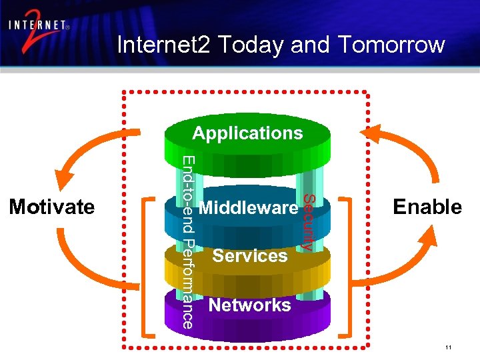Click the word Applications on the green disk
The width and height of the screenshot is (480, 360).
[x=247, y=133]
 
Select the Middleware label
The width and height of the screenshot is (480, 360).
[x=248, y=208]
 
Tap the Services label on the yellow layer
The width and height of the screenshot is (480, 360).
[x=250, y=256]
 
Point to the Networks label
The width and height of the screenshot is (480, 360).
[x=250, y=305]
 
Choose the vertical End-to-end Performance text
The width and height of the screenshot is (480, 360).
[x=189, y=242]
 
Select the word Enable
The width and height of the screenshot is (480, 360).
[x=427, y=207]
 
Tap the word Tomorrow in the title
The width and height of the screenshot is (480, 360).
[x=390, y=45]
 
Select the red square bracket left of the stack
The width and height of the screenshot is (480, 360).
[x=148, y=267]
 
